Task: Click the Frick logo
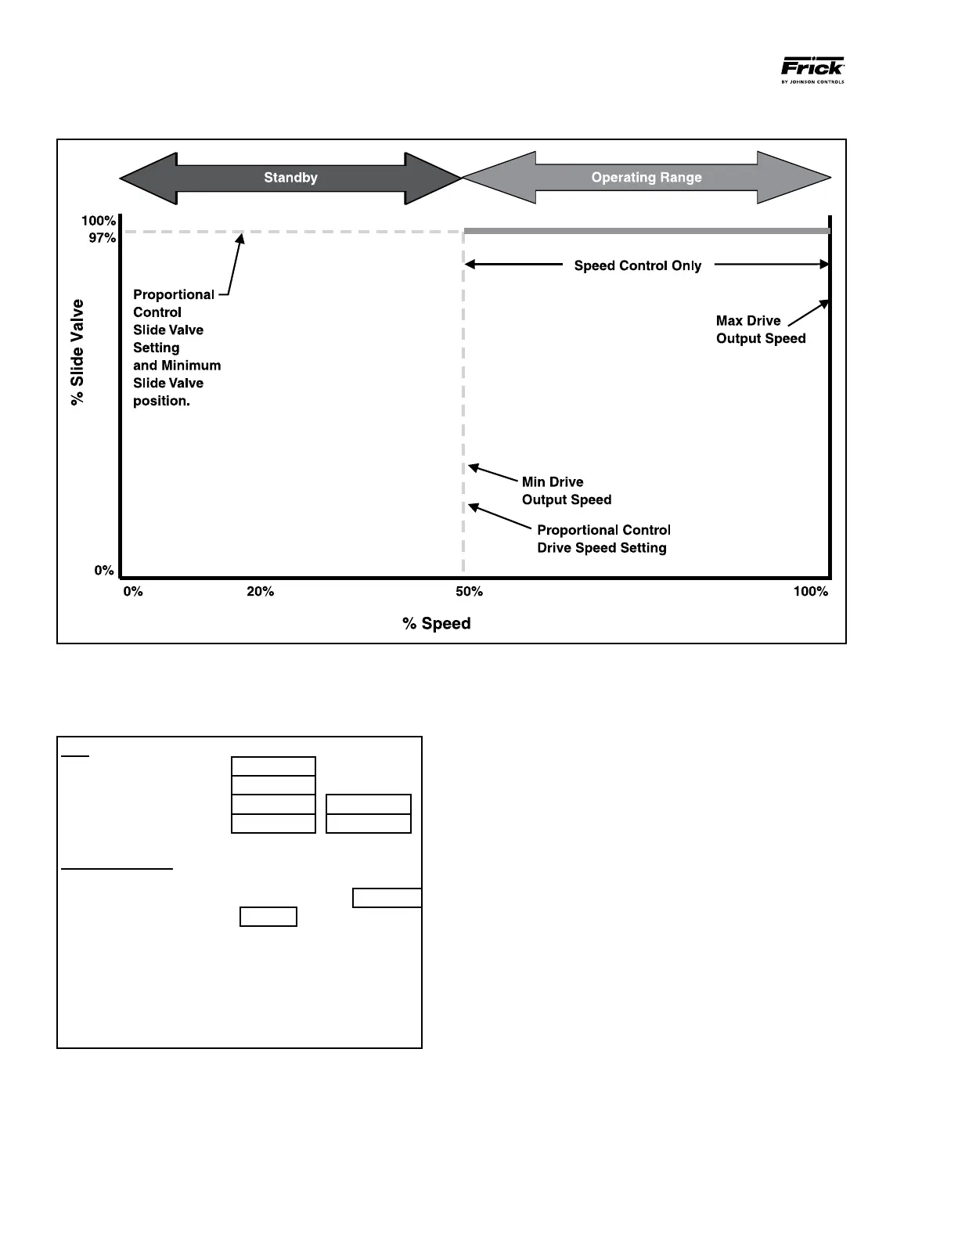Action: (812, 69)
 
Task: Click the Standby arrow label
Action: (290, 178)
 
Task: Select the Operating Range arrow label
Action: (646, 178)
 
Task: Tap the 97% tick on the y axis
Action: (102, 238)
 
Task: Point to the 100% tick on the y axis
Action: (99, 221)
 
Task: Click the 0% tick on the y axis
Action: (104, 571)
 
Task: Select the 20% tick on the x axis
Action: (261, 592)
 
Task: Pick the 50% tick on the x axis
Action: (470, 592)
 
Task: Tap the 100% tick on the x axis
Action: (811, 592)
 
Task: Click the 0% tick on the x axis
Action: (133, 592)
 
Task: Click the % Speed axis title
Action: (437, 624)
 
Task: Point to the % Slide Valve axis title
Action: (77, 352)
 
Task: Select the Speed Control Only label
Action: (638, 266)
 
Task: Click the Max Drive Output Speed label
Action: (760, 330)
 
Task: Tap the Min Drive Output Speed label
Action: (566, 491)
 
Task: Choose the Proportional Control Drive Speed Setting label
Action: (603, 539)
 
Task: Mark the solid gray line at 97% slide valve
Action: (646, 231)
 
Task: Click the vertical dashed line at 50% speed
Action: (464, 391)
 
